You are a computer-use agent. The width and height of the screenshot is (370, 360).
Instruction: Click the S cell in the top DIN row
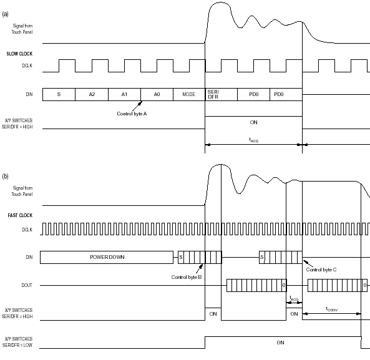59,95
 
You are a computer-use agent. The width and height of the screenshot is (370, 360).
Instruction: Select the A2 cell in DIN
92,95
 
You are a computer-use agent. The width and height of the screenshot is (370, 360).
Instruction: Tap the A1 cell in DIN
124,95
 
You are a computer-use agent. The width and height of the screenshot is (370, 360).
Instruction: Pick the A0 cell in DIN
157,95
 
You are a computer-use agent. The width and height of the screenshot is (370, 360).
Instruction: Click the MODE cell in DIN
189,95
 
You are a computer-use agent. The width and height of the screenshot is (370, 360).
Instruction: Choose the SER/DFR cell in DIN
222,95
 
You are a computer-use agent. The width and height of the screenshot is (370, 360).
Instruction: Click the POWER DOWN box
107,257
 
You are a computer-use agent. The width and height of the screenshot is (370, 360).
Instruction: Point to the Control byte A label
132,114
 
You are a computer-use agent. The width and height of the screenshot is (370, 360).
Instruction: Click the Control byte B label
187,277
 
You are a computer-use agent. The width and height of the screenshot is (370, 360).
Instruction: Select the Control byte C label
321,270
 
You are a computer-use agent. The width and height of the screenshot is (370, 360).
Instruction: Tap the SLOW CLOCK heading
19,54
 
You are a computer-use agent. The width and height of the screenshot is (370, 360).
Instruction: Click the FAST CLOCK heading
20,215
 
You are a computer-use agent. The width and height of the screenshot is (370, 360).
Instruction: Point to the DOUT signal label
27,286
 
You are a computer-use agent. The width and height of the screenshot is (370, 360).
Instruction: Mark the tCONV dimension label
332,309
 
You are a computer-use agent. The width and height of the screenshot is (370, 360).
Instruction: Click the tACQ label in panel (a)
254,140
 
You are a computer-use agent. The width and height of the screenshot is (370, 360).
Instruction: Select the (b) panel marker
5,176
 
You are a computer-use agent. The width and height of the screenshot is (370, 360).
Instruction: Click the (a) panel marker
5,14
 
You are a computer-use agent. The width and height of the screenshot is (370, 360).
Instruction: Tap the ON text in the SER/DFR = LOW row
280,343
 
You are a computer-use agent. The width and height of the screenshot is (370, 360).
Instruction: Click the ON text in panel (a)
254,122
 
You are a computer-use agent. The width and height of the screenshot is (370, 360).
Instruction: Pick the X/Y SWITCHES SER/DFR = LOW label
17,342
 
